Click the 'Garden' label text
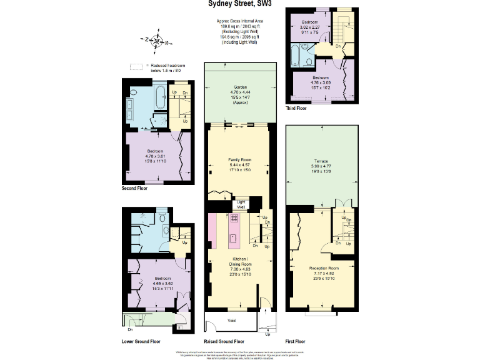click(240, 87)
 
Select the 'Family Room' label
click(239, 161)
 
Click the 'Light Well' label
click(241, 204)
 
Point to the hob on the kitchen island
click(235, 219)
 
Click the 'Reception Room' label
click(323, 268)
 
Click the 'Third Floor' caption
click(296, 109)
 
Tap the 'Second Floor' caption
click(134, 187)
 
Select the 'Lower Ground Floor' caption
click(141, 342)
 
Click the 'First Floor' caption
click(295, 342)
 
